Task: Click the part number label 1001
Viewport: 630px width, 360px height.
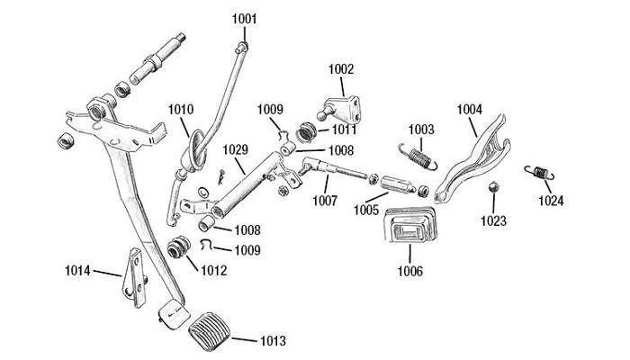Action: [243, 19]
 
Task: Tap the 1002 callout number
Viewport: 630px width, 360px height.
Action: [341, 68]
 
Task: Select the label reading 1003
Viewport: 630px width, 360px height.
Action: [421, 130]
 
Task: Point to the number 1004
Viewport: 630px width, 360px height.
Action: [469, 110]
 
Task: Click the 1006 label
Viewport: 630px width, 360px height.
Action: [411, 267]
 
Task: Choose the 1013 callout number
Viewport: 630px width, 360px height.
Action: [273, 341]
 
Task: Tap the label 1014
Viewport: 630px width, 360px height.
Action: [78, 269]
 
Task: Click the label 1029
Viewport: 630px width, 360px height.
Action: [235, 149]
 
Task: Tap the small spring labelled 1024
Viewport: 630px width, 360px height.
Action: [539, 170]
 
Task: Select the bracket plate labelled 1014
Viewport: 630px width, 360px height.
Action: [133, 274]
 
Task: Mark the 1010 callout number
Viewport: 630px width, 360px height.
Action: [180, 110]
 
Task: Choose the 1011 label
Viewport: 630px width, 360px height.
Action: [342, 130]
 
